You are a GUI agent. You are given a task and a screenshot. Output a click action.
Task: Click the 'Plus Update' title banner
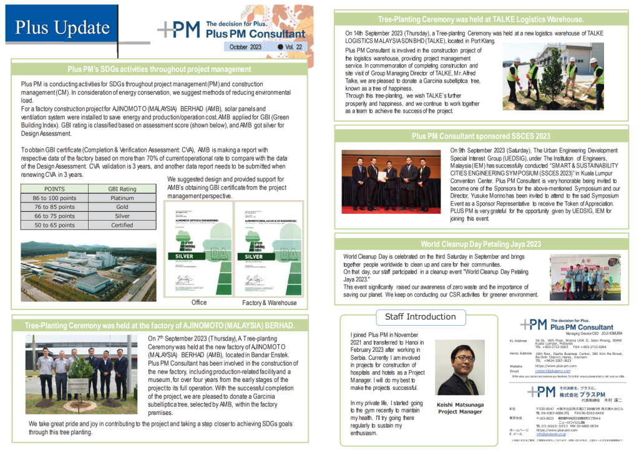pyautogui.click(x=62, y=27)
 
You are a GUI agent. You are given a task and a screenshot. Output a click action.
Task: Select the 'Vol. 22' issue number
pyautogui.click(x=293, y=47)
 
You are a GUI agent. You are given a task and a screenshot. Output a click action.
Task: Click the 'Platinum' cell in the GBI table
pyautogui.click(x=122, y=197)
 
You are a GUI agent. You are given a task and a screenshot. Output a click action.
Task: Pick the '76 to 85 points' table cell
pyautogui.click(x=54, y=207)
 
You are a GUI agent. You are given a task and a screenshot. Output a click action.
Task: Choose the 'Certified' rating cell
pyautogui.click(x=122, y=225)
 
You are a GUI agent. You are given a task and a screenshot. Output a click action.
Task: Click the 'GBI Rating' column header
pyautogui.click(x=122, y=188)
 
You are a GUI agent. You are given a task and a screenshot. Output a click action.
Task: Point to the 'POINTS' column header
pyautogui.click(x=54, y=188)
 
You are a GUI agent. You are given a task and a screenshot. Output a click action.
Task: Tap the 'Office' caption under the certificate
pyautogui.click(x=199, y=302)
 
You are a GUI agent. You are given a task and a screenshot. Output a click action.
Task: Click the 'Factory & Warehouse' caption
pyautogui.click(x=269, y=303)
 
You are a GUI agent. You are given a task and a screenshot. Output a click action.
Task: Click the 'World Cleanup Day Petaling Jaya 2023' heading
pyautogui.click(x=480, y=244)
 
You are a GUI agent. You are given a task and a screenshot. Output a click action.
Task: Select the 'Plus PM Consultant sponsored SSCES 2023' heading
pyautogui.click(x=480, y=136)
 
